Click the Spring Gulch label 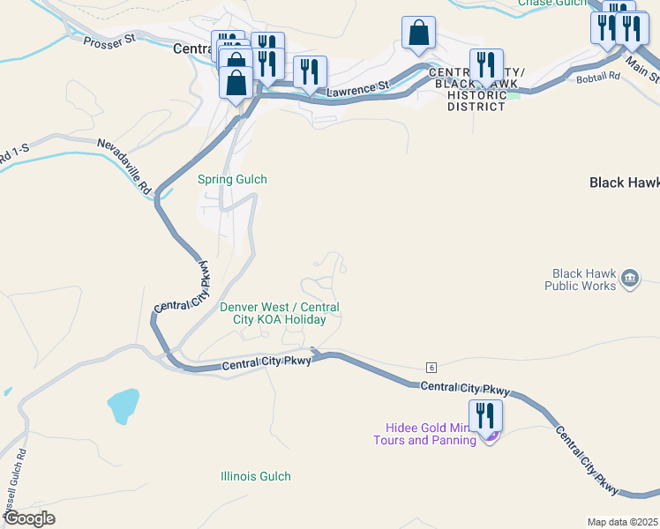(x=232, y=179)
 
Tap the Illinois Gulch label (x=255, y=476)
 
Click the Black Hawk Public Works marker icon (x=630, y=279)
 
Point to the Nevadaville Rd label (x=124, y=167)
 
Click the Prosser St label (x=109, y=40)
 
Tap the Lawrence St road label (x=358, y=88)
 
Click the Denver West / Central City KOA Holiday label (x=279, y=313)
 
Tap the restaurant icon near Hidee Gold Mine (x=485, y=415)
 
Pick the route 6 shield (x=431, y=367)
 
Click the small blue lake (x=124, y=405)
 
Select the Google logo (x=29, y=518)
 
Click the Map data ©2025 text (x=621, y=521)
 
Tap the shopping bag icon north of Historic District (x=418, y=34)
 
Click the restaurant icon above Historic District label (x=486, y=65)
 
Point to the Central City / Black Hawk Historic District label (x=476, y=89)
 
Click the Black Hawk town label (x=624, y=183)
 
